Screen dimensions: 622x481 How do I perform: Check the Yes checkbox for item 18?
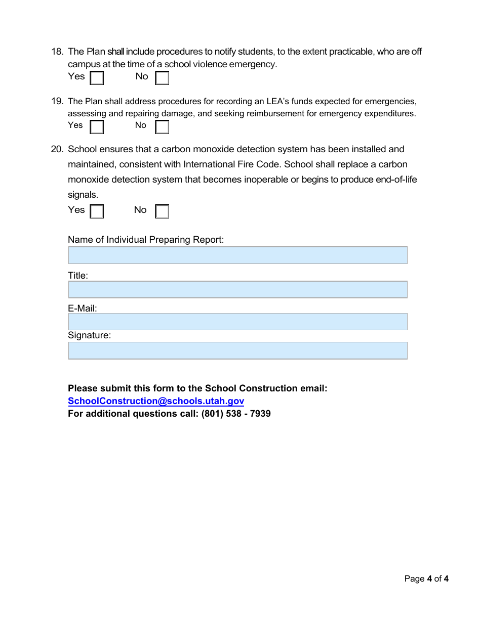[97, 78]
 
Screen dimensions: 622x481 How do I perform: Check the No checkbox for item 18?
[162, 78]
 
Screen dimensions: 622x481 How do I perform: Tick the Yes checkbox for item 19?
[97, 126]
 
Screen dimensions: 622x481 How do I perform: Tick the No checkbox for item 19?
[162, 126]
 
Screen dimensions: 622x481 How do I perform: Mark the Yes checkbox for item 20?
[97, 211]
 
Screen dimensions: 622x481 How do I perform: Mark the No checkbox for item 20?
[162, 211]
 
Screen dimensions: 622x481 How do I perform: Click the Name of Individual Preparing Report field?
[237, 255]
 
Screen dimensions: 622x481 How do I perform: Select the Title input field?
[237, 290]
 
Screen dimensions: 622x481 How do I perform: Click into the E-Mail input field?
[237, 322]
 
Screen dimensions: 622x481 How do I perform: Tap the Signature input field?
[237, 350]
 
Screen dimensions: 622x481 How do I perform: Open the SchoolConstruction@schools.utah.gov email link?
[156, 401]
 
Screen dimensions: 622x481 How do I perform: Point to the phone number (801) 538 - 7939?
[236, 414]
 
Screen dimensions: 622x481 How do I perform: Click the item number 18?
[57, 52]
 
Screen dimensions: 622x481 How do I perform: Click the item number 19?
[57, 101]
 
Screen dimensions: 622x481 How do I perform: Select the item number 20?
[57, 149]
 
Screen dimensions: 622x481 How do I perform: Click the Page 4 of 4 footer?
[426, 579]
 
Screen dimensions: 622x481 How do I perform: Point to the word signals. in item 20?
[83, 195]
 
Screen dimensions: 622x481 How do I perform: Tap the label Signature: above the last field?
[89, 335]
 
